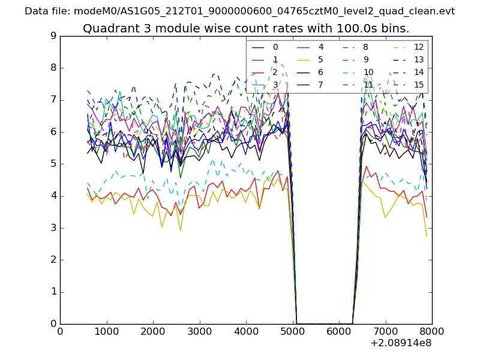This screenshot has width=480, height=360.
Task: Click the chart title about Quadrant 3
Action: point(246,28)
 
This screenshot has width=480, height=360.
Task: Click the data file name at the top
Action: point(240,11)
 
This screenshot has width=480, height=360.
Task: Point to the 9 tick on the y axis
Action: point(53,36)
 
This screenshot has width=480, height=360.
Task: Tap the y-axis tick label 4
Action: point(53,196)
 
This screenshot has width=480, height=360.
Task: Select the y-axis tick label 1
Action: point(53,292)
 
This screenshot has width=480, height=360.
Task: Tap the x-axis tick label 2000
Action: point(153,331)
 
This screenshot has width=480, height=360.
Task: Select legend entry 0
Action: point(275,47)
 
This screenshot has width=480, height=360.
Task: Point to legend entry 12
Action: point(419,47)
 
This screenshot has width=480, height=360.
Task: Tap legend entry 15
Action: point(419,85)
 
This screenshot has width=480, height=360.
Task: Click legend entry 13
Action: point(419,59)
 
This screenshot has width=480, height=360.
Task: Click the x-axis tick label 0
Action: point(60,331)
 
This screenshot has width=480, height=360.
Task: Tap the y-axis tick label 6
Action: point(53,132)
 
